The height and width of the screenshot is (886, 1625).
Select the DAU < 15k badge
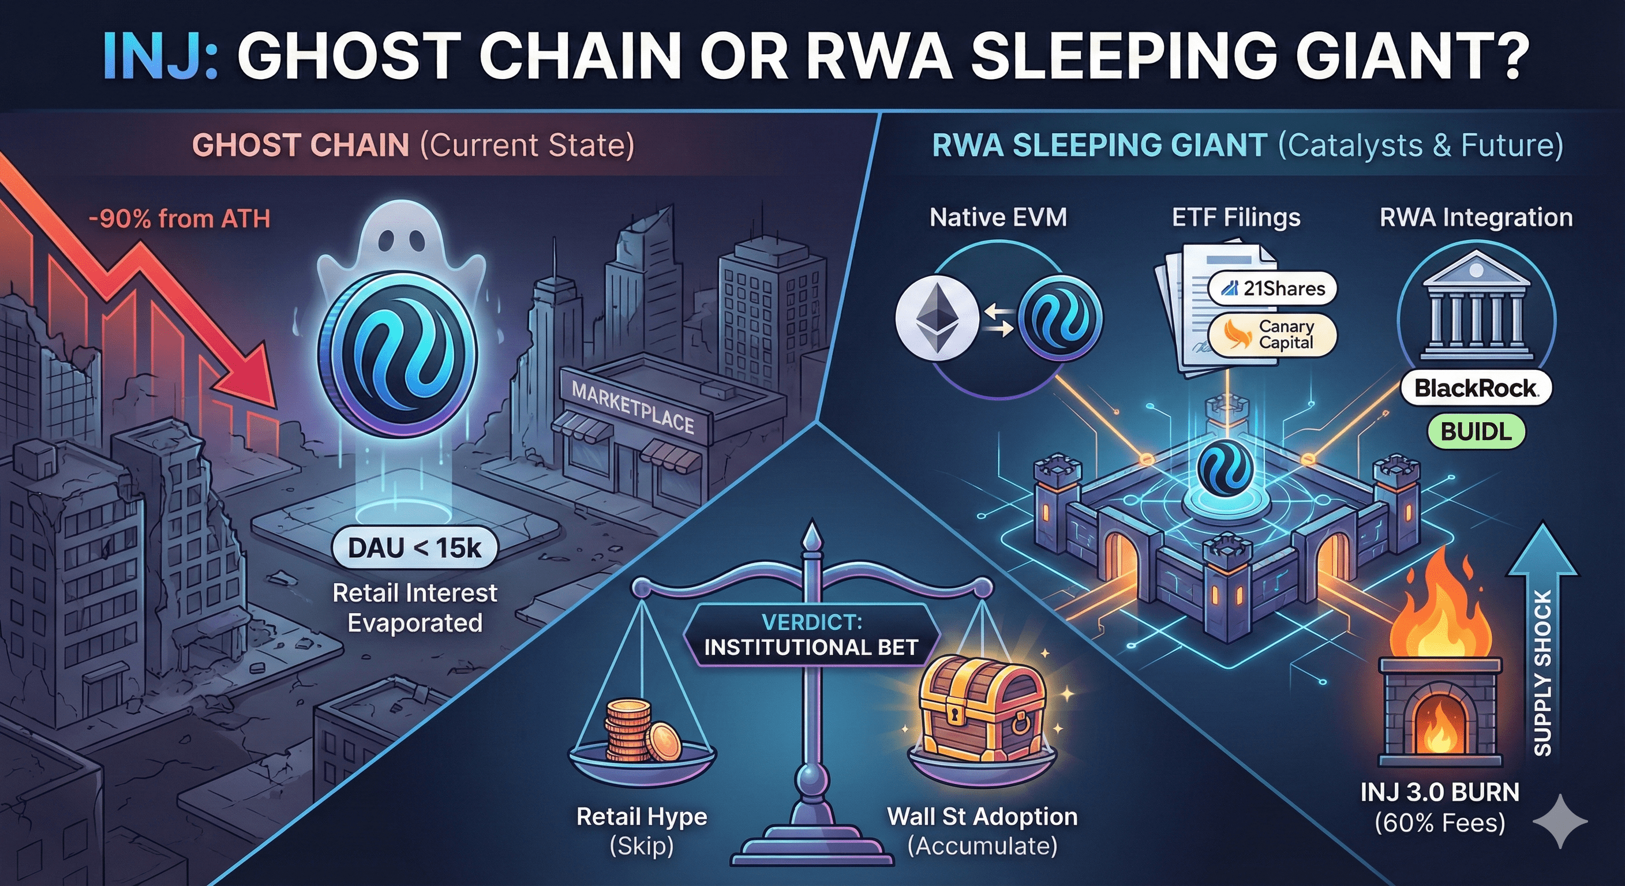pos(414,548)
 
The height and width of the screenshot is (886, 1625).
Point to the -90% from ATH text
pos(180,219)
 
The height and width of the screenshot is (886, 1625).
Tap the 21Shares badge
pos(1272,289)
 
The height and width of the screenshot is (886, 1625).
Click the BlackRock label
pos(1476,388)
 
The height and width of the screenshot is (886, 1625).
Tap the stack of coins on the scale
pos(641,731)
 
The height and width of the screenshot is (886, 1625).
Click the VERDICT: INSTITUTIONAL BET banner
pos(811,635)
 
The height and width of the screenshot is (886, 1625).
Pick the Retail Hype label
pos(642,817)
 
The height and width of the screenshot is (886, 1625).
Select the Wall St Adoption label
pos(982,817)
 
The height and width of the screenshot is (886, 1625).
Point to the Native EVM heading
pos(998,217)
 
